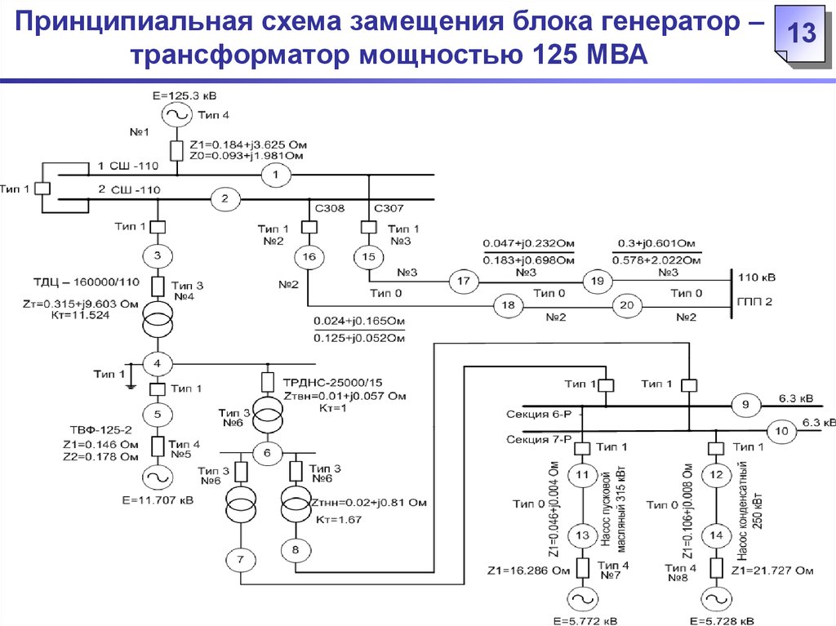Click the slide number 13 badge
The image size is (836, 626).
[x=802, y=35]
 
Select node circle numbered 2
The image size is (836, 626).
[x=226, y=198]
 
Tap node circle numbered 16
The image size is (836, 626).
[x=309, y=257]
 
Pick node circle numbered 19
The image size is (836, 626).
[x=596, y=281]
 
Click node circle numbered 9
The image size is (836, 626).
[x=745, y=404]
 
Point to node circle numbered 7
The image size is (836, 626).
[x=241, y=560]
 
